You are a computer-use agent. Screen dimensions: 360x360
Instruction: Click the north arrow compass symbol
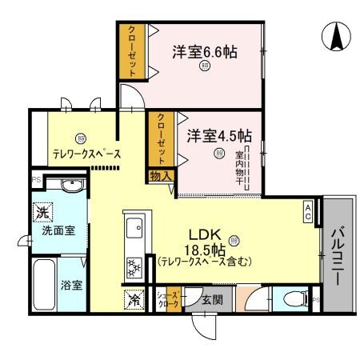[x=337, y=35]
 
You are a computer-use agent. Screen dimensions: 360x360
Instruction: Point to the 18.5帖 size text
[x=204, y=248]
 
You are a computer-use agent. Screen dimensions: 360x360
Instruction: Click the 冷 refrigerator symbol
[x=132, y=300]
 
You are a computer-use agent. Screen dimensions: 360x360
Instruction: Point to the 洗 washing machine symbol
[x=42, y=213]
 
